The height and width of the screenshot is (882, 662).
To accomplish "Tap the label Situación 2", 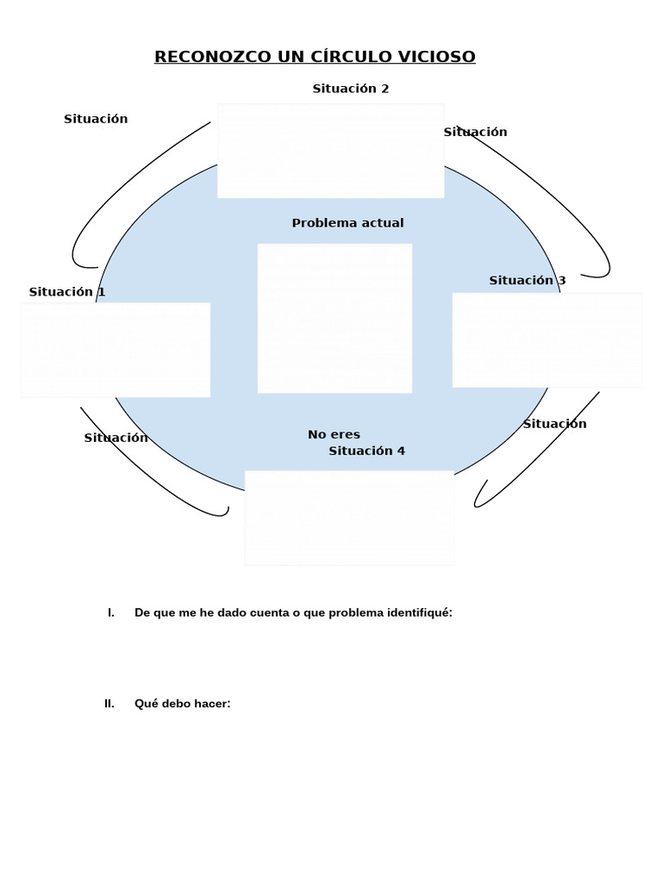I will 351,89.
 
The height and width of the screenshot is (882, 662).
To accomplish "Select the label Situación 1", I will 67,292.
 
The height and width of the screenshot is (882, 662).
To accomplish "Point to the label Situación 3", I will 528,280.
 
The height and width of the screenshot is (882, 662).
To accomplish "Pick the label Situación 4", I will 366,450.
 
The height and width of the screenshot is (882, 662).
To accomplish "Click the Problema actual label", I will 347,223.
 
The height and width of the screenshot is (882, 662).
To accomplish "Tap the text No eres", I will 334,435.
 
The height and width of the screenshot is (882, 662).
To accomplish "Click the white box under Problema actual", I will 334,318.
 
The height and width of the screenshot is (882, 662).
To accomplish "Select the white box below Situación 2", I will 330,151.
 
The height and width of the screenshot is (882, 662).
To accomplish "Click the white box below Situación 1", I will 116,350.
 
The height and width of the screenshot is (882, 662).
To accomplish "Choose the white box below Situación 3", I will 546,340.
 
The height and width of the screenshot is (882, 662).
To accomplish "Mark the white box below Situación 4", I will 349,517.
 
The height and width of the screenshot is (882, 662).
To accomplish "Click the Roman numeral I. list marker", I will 110,612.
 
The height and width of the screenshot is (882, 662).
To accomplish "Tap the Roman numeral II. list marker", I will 109,704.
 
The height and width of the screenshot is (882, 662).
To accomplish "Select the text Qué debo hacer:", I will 183,704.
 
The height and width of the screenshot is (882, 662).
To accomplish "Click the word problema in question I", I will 356,612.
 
